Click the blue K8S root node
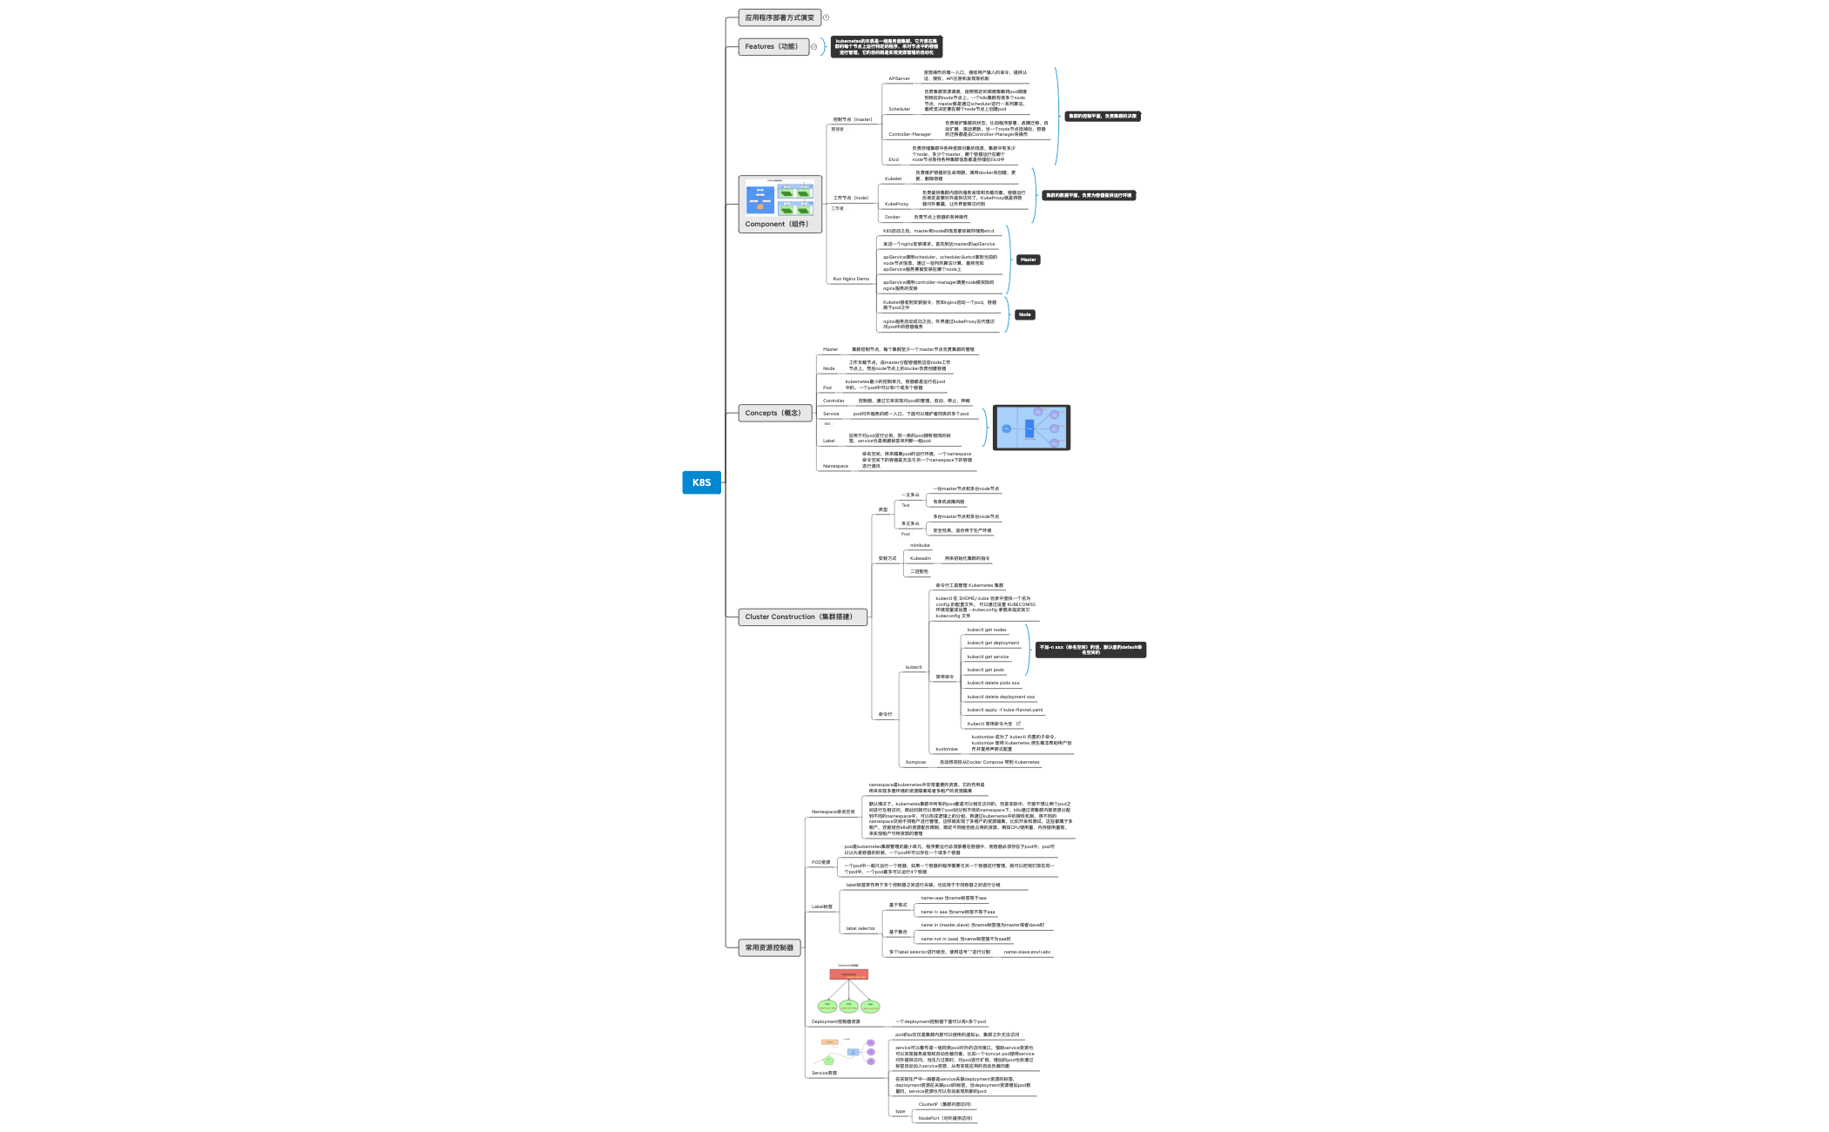coord(701,482)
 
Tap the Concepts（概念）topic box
coord(773,413)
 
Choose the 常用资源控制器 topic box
coord(769,947)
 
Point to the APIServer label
coord(899,79)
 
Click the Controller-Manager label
coord(909,135)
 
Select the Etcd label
coord(894,160)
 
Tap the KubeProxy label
coord(896,205)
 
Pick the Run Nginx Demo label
coord(851,280)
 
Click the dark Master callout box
coord(1029,259)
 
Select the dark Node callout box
coord(1025,314)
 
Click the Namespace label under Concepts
coord(835,467)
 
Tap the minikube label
coord(920,546)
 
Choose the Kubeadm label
coord(921,559)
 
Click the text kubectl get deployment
coord(993,643)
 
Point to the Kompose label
coord(915,763)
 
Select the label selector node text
coord(861,929)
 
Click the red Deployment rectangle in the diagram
coord(848,974)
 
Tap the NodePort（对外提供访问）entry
coord(945,1118)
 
